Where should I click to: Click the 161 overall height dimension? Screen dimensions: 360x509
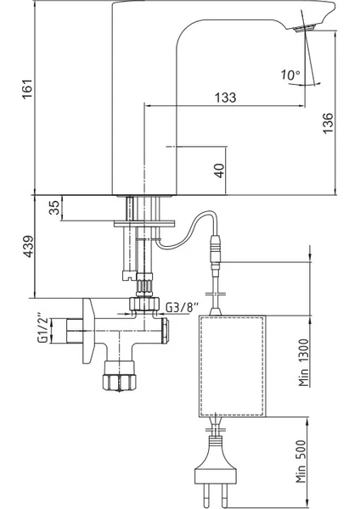click(27, 88)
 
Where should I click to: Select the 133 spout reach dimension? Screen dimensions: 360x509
click(226, 97)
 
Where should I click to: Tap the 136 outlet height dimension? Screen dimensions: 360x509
click(328, 122)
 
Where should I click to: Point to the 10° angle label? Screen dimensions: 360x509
click(290, 76)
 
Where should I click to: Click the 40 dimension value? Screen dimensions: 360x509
click(220, 171)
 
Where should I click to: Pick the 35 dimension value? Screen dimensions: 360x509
click(54, 208)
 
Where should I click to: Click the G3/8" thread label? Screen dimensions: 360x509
click(182, 307)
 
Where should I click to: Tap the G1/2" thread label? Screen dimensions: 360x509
click(43, 327)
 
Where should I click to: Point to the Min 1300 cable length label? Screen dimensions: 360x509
click(304, 362)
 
